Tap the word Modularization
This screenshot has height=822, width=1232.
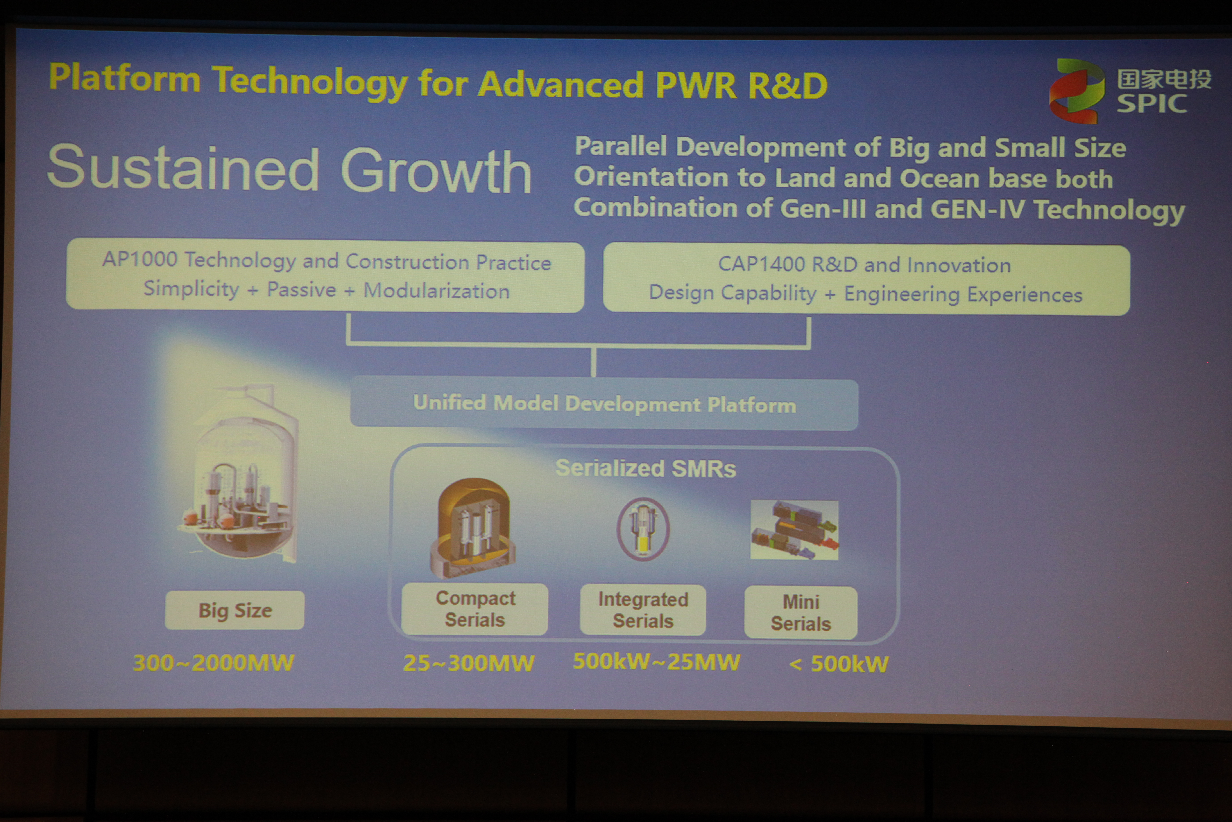click(436, 291)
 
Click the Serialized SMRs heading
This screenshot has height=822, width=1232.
click(645, 468)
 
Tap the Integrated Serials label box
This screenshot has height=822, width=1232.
click(643, 610)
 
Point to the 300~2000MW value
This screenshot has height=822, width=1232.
click(213, 663)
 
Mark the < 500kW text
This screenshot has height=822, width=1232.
click(839, 664)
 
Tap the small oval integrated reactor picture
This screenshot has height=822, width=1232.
click(643, 528)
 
